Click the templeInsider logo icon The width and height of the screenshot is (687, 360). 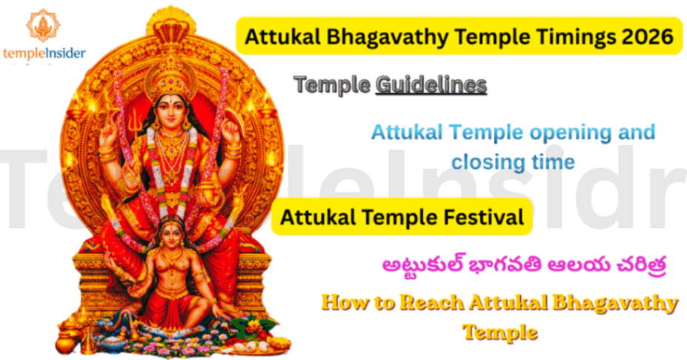click(x=42, y=24)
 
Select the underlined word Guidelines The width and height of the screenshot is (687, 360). click(x=431, y=85)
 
